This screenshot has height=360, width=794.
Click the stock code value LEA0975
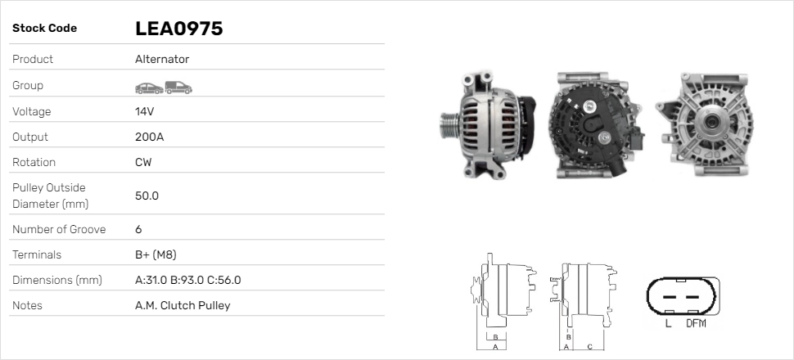(x=178, y=29)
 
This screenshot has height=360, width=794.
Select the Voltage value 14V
(x=144, y=111)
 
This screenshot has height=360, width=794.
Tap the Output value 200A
(x=149, y=137)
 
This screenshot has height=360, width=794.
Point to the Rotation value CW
(x=143, y=162)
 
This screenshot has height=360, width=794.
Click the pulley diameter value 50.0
(x=147, y=196)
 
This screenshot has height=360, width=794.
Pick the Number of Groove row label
(x=59, y=229)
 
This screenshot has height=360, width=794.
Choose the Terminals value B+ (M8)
(x=156, y=254)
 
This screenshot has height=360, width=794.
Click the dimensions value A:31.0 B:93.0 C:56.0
(x=188, y=280)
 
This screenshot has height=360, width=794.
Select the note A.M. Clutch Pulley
(x=183, y=305)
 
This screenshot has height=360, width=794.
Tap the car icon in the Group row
(x=149, y=88)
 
